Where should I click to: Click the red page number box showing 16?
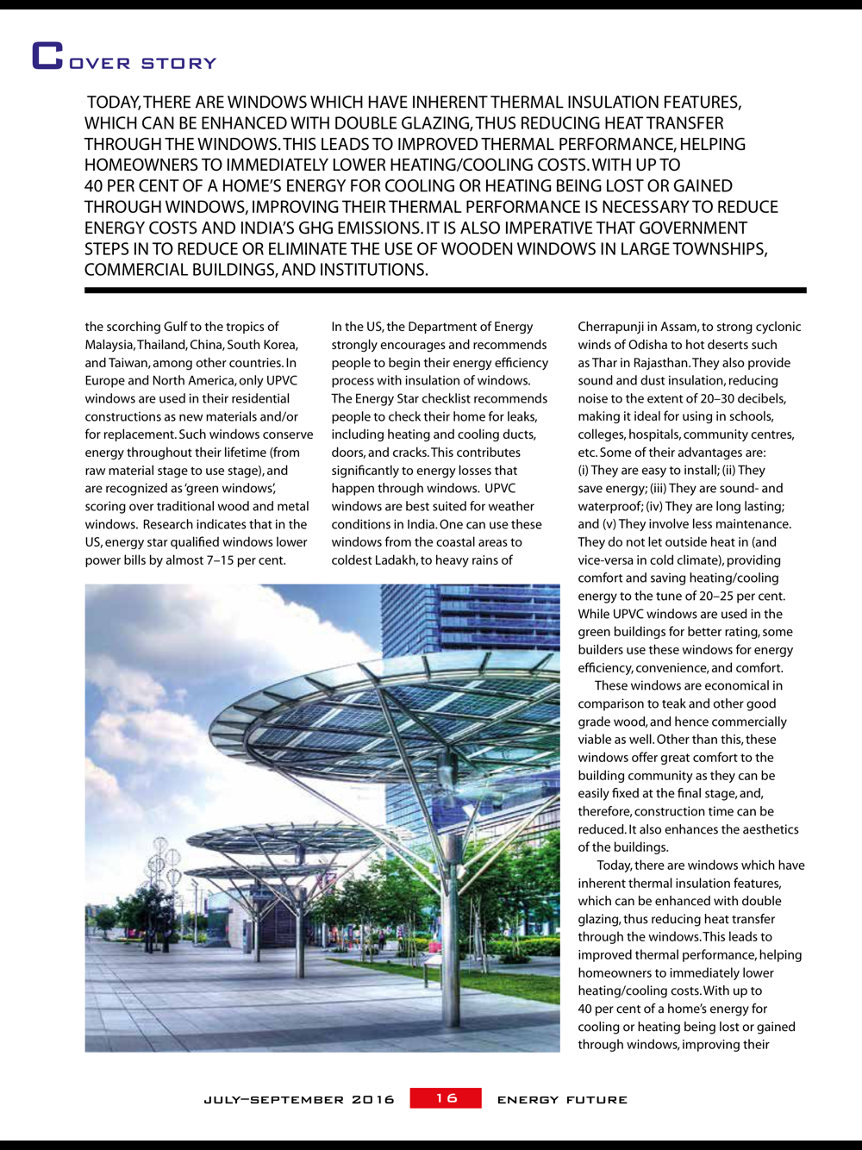[x=446, y=1098]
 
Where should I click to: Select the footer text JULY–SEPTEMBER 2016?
[x=299, y=1100]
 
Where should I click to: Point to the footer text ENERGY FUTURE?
[x=562, y=1100]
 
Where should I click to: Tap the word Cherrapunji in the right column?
[x=611, y=327]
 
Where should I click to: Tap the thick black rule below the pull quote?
[x=445, y=291]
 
